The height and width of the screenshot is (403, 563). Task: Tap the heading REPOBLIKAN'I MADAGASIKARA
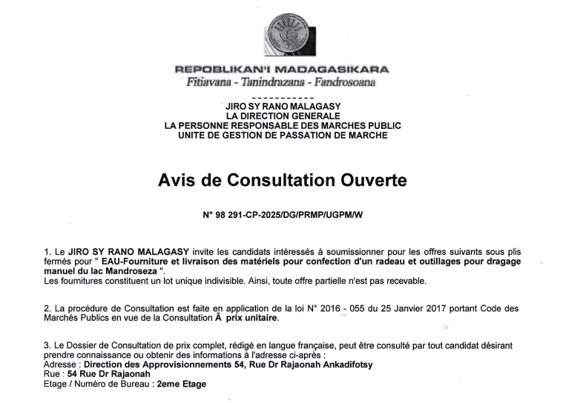pos(282,69)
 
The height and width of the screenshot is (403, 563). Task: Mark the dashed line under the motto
pos(282,97)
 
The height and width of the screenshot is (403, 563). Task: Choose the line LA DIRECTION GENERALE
pos(283,116)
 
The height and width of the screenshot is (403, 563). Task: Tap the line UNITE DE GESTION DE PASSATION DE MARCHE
pos(283,135)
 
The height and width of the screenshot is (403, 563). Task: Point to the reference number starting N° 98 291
pos(283,214)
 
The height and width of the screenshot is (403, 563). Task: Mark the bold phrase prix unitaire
pos(252,318)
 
